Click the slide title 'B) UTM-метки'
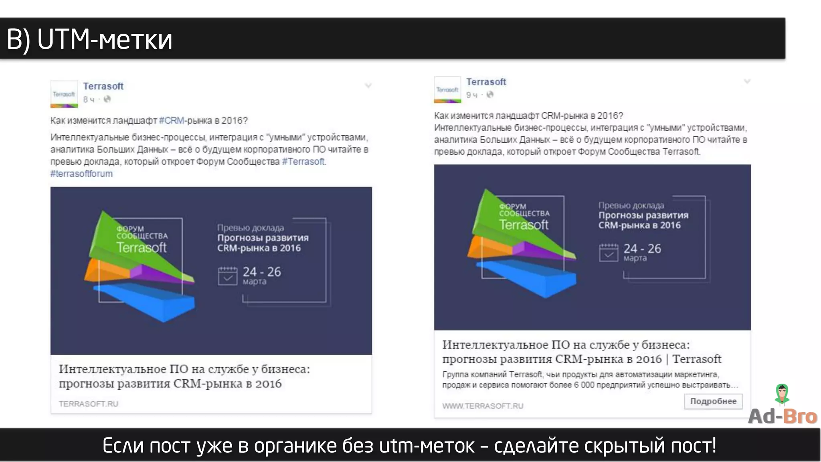pos(89,40)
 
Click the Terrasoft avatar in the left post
pos(64,94)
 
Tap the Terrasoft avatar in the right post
pos(447,89)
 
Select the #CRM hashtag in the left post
pos(171,120)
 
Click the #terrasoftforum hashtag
pos(81,174)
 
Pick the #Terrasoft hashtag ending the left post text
pos(303,162)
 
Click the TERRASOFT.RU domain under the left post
pos(89,404)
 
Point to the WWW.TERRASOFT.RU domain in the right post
pos(483,406)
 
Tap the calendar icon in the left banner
pos(227,276)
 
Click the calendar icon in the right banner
pos(609,253)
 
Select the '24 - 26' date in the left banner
pos(262,272)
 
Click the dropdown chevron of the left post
pos(368,85)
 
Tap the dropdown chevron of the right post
pos(747,81)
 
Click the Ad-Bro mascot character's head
pos(782,391)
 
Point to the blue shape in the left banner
pos(148,301)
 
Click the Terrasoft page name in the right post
pos(486,82)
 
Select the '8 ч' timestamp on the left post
pos(89,99)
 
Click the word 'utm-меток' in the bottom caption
pos(427,446)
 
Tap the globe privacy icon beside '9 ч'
pos(490,95)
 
